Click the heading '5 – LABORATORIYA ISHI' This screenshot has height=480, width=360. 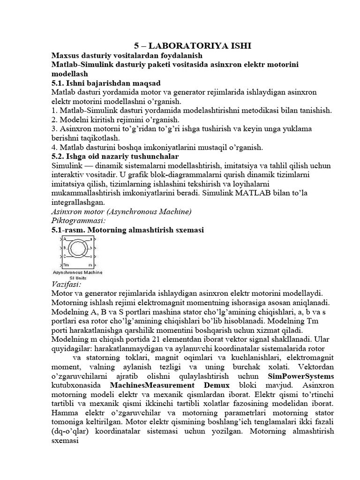pos(193,45)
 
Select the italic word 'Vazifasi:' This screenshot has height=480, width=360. pos(66,284)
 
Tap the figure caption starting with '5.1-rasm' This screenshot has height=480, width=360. pos(127,230)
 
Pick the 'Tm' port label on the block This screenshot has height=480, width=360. pos(66,264)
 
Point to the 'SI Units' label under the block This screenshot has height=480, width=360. pos(77,277)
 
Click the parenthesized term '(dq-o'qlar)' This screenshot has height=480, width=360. pos(71,431)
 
